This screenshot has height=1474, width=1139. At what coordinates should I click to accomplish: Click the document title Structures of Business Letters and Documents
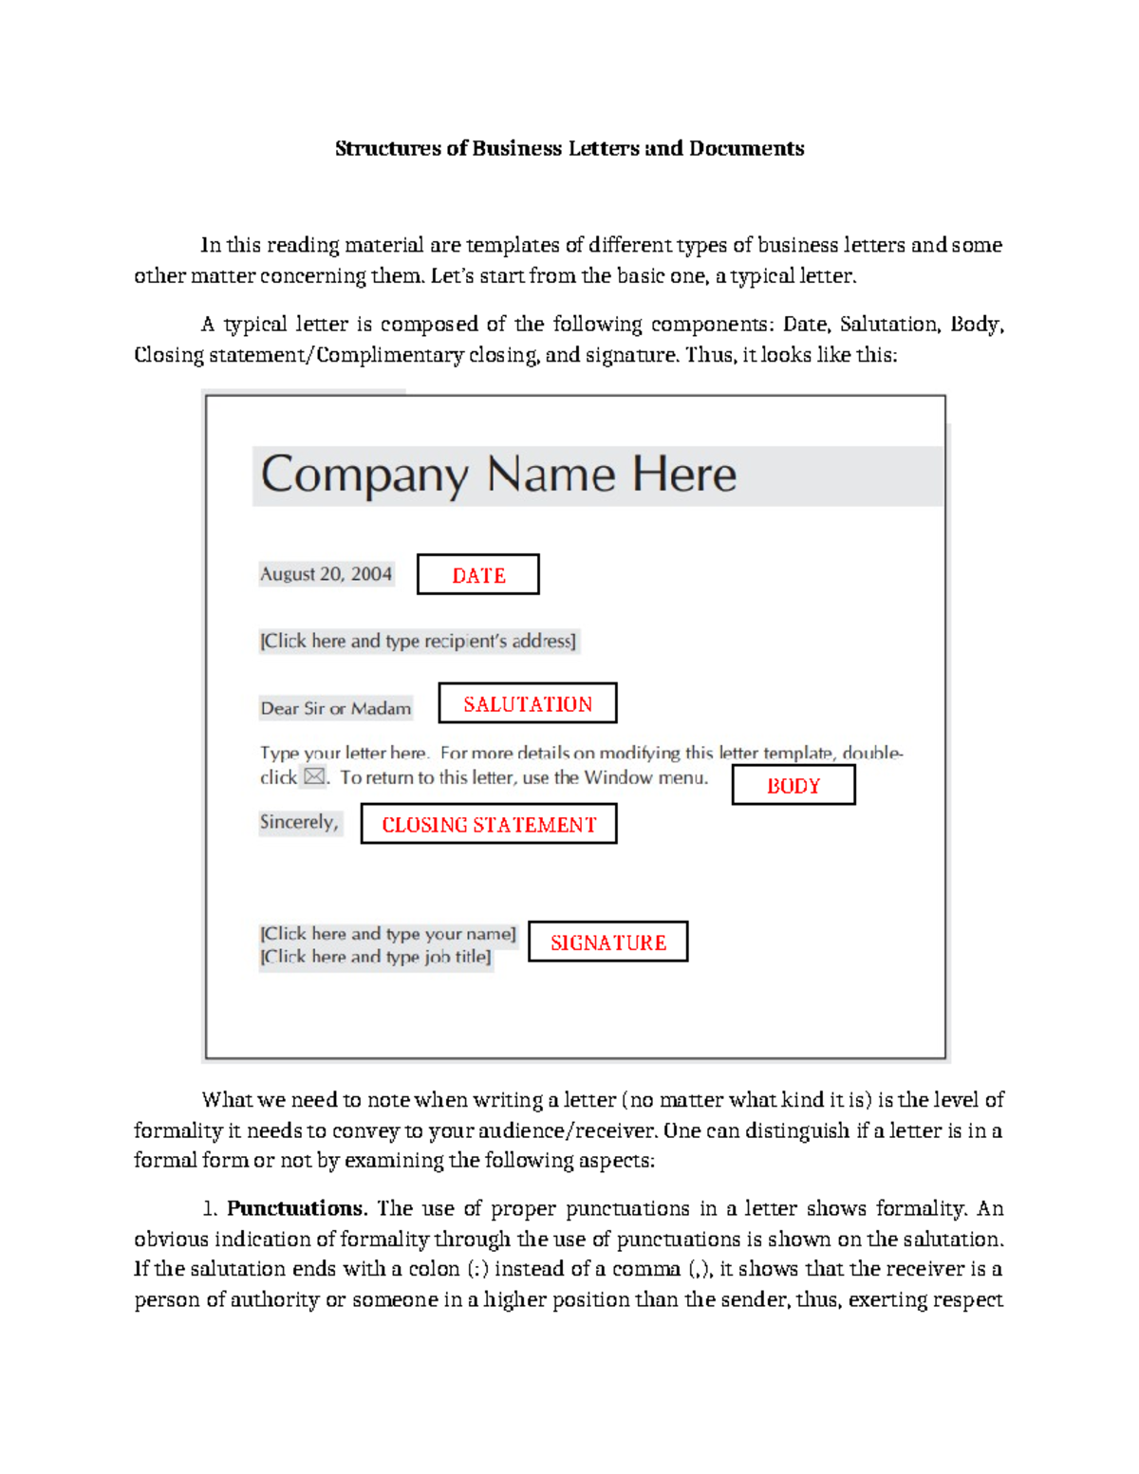[x=569, y=148]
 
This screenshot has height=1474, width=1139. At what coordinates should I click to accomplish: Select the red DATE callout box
[x=478, y=575]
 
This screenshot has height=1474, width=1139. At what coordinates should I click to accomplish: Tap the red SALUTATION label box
[x=528, y=703]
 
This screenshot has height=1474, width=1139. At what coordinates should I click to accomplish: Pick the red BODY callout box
[x=794, y=785]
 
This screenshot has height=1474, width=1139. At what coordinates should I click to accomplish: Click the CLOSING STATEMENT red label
[x=489, y=824]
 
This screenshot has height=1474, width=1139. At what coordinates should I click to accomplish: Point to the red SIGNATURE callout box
[x=608, y=942]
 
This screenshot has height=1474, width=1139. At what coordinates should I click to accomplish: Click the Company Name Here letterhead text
[x=498, y=475]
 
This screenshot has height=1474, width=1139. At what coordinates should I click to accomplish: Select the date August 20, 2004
[x=326, y=574]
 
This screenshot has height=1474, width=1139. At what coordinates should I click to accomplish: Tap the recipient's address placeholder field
[x=418, y=641]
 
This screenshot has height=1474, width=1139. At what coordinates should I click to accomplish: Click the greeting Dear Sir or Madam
[x=336, y=708]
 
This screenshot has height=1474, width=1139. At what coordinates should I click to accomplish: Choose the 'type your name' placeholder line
[x=388, y=934]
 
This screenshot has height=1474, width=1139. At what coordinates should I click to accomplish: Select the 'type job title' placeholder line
[x=376, y=957]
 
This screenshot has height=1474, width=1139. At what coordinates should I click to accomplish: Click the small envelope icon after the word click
[x=314, y=777]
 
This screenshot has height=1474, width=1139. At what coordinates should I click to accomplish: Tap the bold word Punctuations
[x=295, y=1208]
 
